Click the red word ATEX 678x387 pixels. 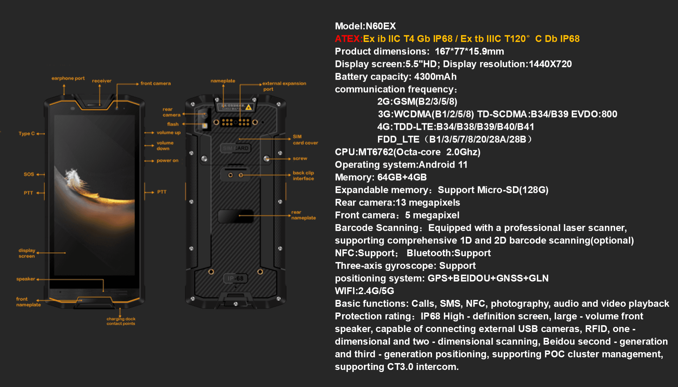347,39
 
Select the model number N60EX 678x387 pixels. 381,26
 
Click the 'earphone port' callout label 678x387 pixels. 68,78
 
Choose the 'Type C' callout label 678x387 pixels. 27,134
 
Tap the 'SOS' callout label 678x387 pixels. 29,174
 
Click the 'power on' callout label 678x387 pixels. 167,161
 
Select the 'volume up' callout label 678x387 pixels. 168,133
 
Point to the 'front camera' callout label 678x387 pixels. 155,83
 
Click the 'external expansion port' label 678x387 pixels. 284,86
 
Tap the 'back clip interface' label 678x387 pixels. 303,176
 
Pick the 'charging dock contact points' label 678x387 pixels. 121,321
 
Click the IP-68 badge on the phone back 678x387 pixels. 235,278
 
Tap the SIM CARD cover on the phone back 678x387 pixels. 235,148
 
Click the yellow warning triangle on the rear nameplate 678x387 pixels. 249,107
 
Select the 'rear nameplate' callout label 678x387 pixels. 303,215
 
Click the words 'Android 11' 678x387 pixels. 443,165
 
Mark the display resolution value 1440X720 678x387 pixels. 550,64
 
